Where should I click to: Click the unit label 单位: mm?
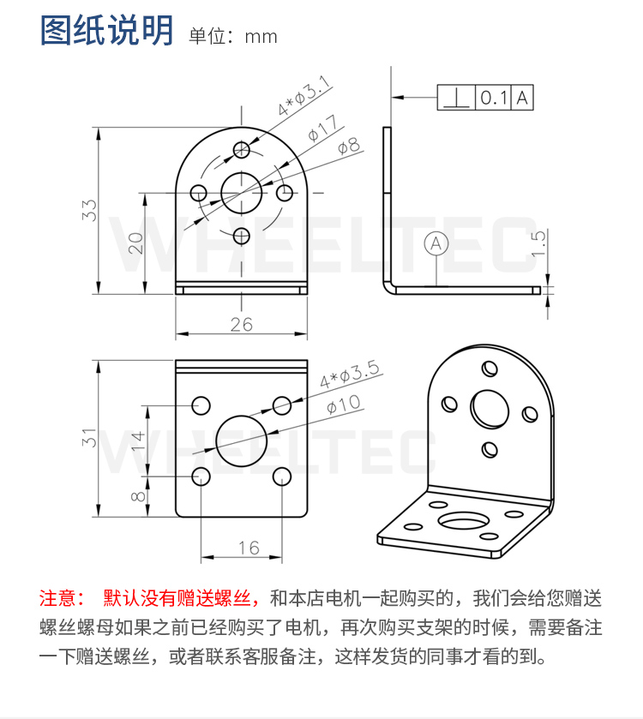point(233,37)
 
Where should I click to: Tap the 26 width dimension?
point(242,324)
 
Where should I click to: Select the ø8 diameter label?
point(348,147)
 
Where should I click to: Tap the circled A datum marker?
point(436,243)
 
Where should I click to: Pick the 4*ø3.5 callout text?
point(349,375)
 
